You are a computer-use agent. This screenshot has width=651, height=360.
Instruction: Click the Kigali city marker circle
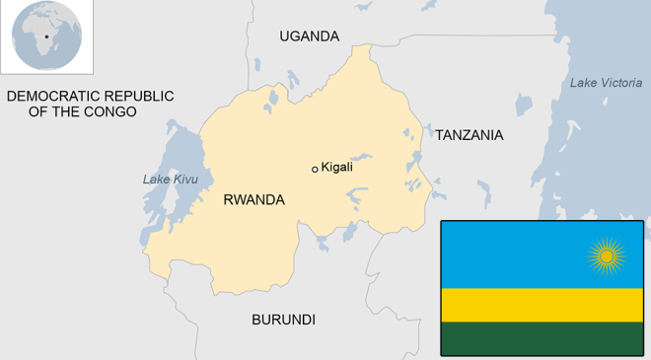(x=315, y=169)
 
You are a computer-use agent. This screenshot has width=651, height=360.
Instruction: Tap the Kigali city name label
(x=337, y=168)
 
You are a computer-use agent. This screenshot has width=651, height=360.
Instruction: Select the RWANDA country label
(x=253, y=200)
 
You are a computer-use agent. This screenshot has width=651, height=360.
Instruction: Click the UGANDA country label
(x=309, y=36)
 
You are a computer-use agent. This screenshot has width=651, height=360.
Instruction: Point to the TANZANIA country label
(x=470, y=135)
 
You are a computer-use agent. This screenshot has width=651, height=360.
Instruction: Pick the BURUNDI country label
(x=283, y=320)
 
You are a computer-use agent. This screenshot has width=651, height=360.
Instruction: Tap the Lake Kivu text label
(x=171, y=180)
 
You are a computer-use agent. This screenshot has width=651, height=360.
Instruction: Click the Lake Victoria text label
(x=606, y=83)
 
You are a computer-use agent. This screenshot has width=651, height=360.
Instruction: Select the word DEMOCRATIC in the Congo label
(x=48, y=96)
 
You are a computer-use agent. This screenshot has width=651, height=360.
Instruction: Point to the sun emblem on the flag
(x=607, y=256)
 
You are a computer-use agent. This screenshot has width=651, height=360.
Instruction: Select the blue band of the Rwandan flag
(x=513, y=254)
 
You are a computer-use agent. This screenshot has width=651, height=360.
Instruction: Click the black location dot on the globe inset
(x=45, y=37)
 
